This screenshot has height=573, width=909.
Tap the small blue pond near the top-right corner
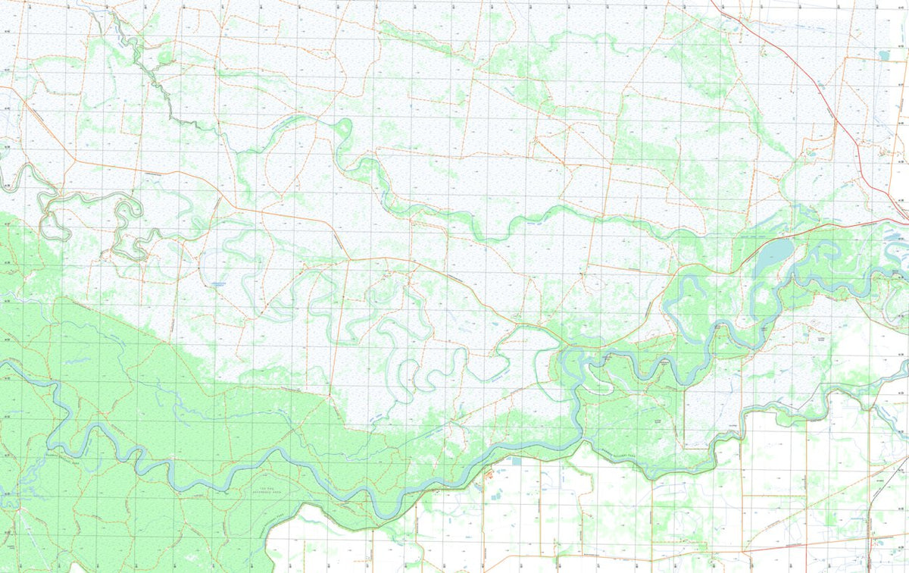tap(884, 55)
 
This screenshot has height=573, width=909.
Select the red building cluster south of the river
tap(489, 474)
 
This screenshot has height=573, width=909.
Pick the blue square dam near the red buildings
tap(516, 461)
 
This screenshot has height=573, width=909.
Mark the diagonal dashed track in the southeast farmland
tap(795, 523)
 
